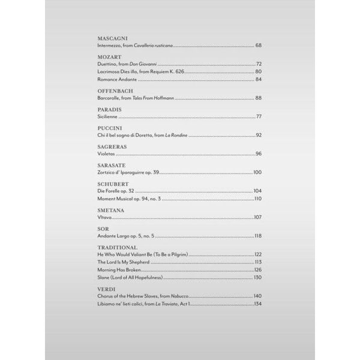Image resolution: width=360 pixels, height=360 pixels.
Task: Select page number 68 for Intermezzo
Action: (259, 46)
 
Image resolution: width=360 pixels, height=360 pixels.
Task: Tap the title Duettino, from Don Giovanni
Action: (127, 64)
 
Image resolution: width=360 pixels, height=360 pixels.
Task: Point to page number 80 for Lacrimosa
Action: (259, 71)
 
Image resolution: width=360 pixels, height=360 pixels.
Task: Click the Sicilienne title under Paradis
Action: (108, 116)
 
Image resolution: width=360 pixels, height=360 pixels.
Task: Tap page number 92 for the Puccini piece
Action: (259, 136)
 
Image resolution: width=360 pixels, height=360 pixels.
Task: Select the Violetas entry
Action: (107, 154)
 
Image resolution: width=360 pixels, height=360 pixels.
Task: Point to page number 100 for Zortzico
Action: (257, 173)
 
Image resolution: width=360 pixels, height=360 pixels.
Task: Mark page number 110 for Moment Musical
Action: (258, 199)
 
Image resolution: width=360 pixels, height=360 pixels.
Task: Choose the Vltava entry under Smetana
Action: (105, 217)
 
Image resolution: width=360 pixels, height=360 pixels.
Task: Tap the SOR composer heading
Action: (103, 229)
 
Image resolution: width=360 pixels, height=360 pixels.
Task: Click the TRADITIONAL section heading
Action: (117, 247)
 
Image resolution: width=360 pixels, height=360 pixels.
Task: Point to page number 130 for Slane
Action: (257, 278)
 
